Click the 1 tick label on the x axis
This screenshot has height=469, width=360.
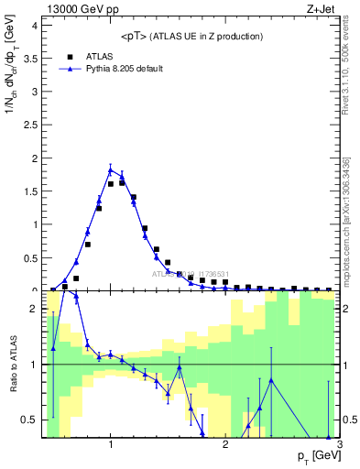(x=111, y=445)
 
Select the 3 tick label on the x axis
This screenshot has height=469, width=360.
(x=340, y=445)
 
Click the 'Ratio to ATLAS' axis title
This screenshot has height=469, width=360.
(x=12, y=365)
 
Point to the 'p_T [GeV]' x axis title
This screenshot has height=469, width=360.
(x=314, y=456)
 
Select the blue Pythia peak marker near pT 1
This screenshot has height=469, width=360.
(x=110, y=169)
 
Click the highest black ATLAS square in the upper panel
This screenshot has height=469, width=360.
(x=122, y=182)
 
